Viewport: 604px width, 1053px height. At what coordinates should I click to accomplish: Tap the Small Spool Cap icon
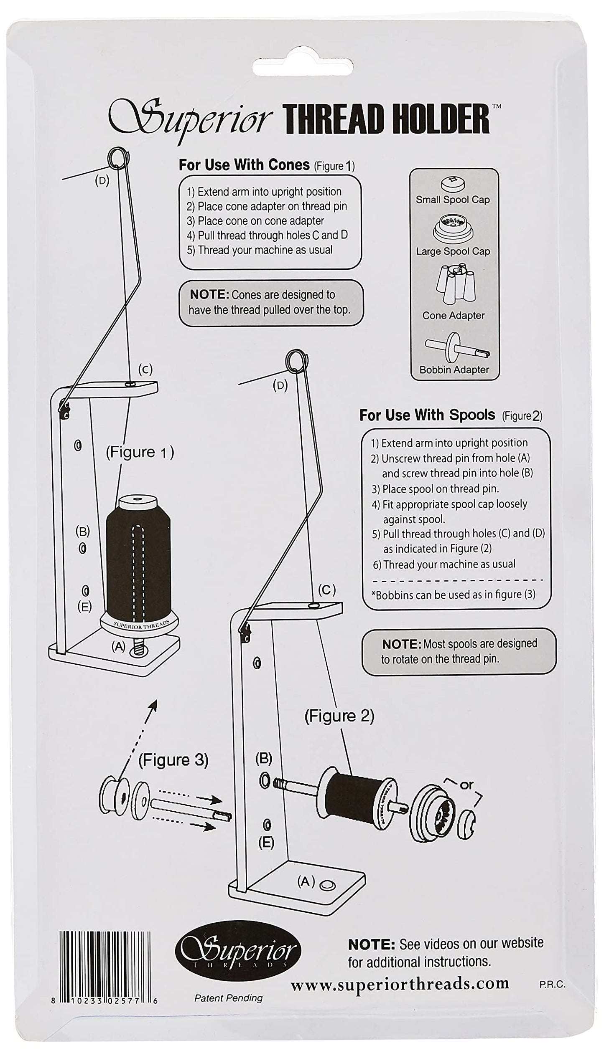[x=453, y=183]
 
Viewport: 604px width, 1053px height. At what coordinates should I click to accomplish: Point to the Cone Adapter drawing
[x=453, y=283]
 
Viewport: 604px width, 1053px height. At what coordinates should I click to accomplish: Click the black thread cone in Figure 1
[x=138, y=556]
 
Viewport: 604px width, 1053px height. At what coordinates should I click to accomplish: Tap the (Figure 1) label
[x=140, y=453]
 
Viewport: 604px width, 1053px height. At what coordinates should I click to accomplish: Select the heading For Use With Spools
[x=427, y=415]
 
